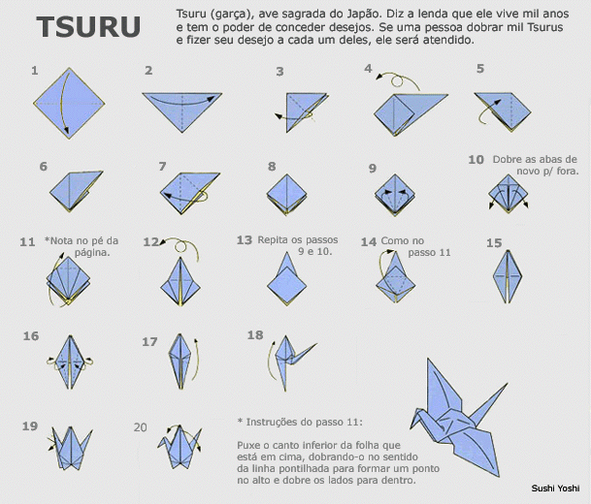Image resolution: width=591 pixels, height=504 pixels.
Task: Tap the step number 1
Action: click(35, 71)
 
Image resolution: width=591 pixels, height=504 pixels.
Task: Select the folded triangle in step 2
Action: click(184, 108)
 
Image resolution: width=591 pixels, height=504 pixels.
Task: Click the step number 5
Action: click(480, 69)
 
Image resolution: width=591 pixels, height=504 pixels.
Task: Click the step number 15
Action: click(494, 243)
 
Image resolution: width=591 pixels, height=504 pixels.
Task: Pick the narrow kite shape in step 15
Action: click(508, 278)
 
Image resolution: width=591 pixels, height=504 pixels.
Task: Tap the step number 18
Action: click(255, 335)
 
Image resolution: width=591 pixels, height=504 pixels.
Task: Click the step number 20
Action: click(142, 426)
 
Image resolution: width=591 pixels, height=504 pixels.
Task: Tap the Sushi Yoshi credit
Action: click(555, 489)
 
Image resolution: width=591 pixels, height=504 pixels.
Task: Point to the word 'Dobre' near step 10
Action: click(509, 159)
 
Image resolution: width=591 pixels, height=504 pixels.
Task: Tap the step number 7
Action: click(163, 166)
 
